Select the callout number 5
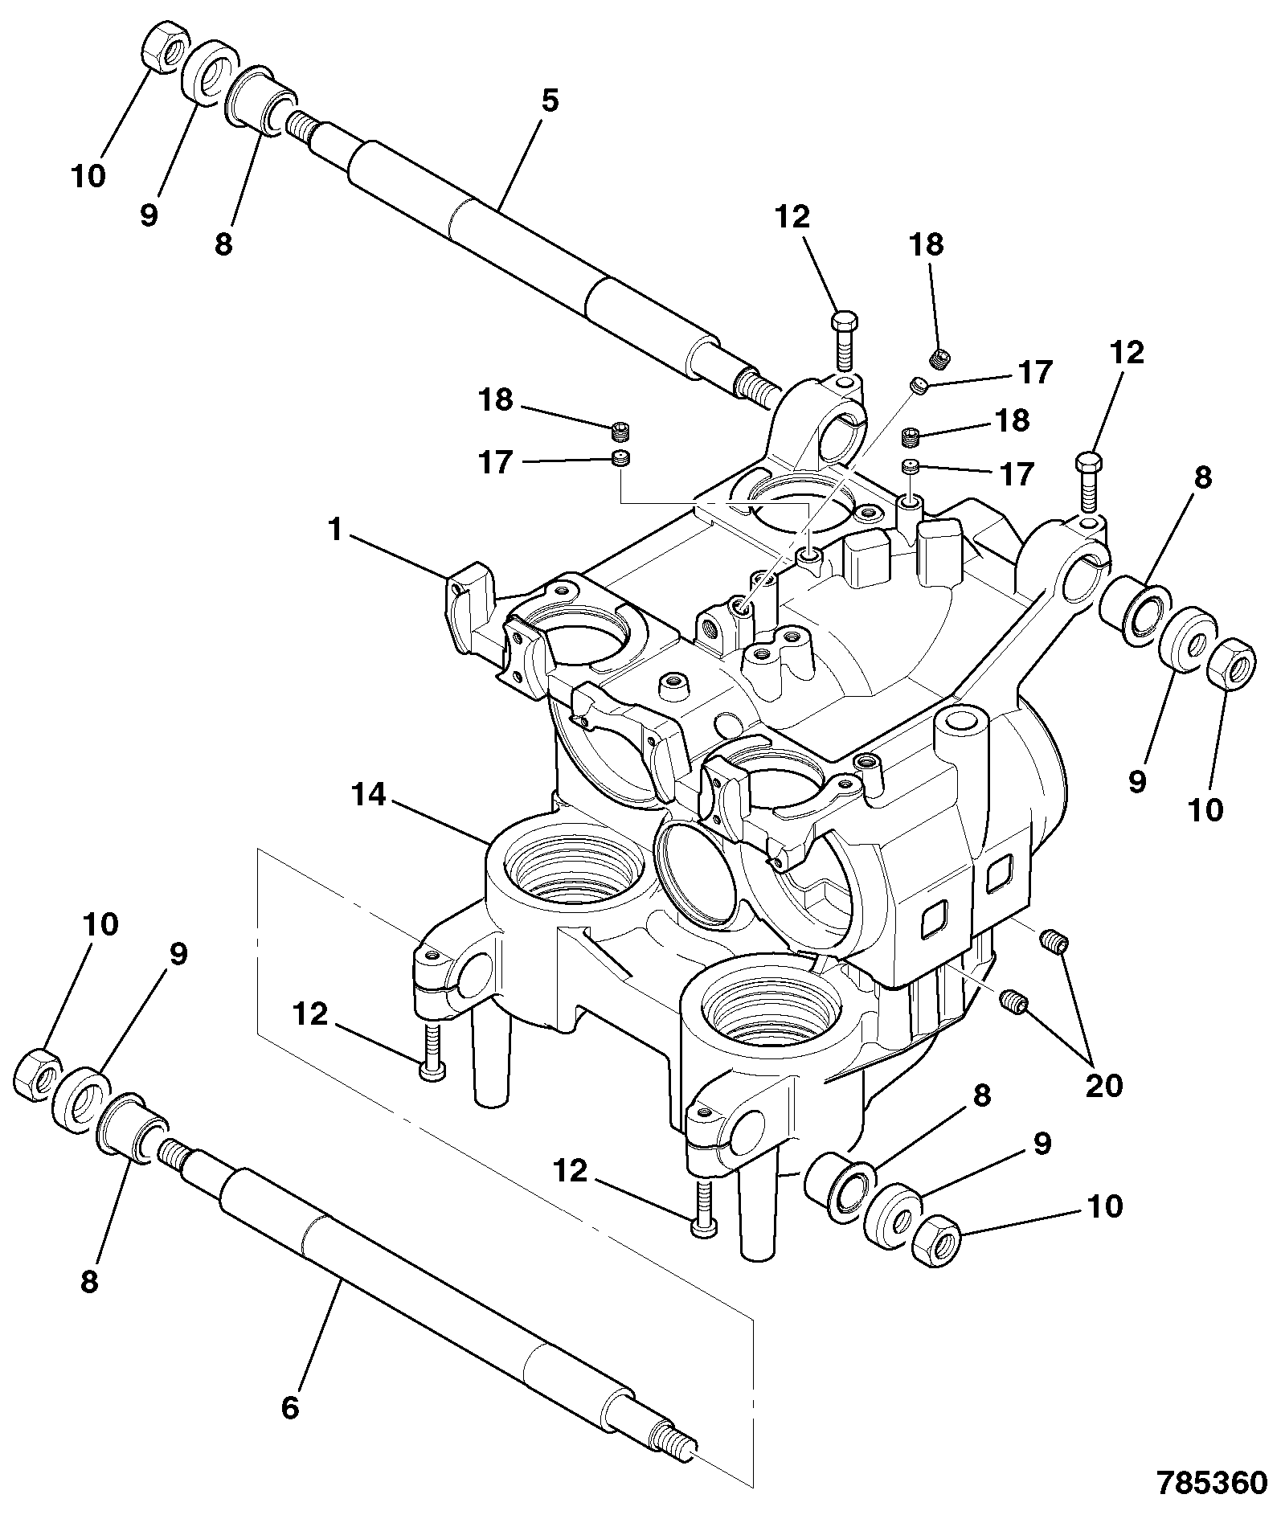point(550,101)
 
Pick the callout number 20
point(1103,1086)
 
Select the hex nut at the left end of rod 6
point(37,1072)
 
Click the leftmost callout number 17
point(495,463)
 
